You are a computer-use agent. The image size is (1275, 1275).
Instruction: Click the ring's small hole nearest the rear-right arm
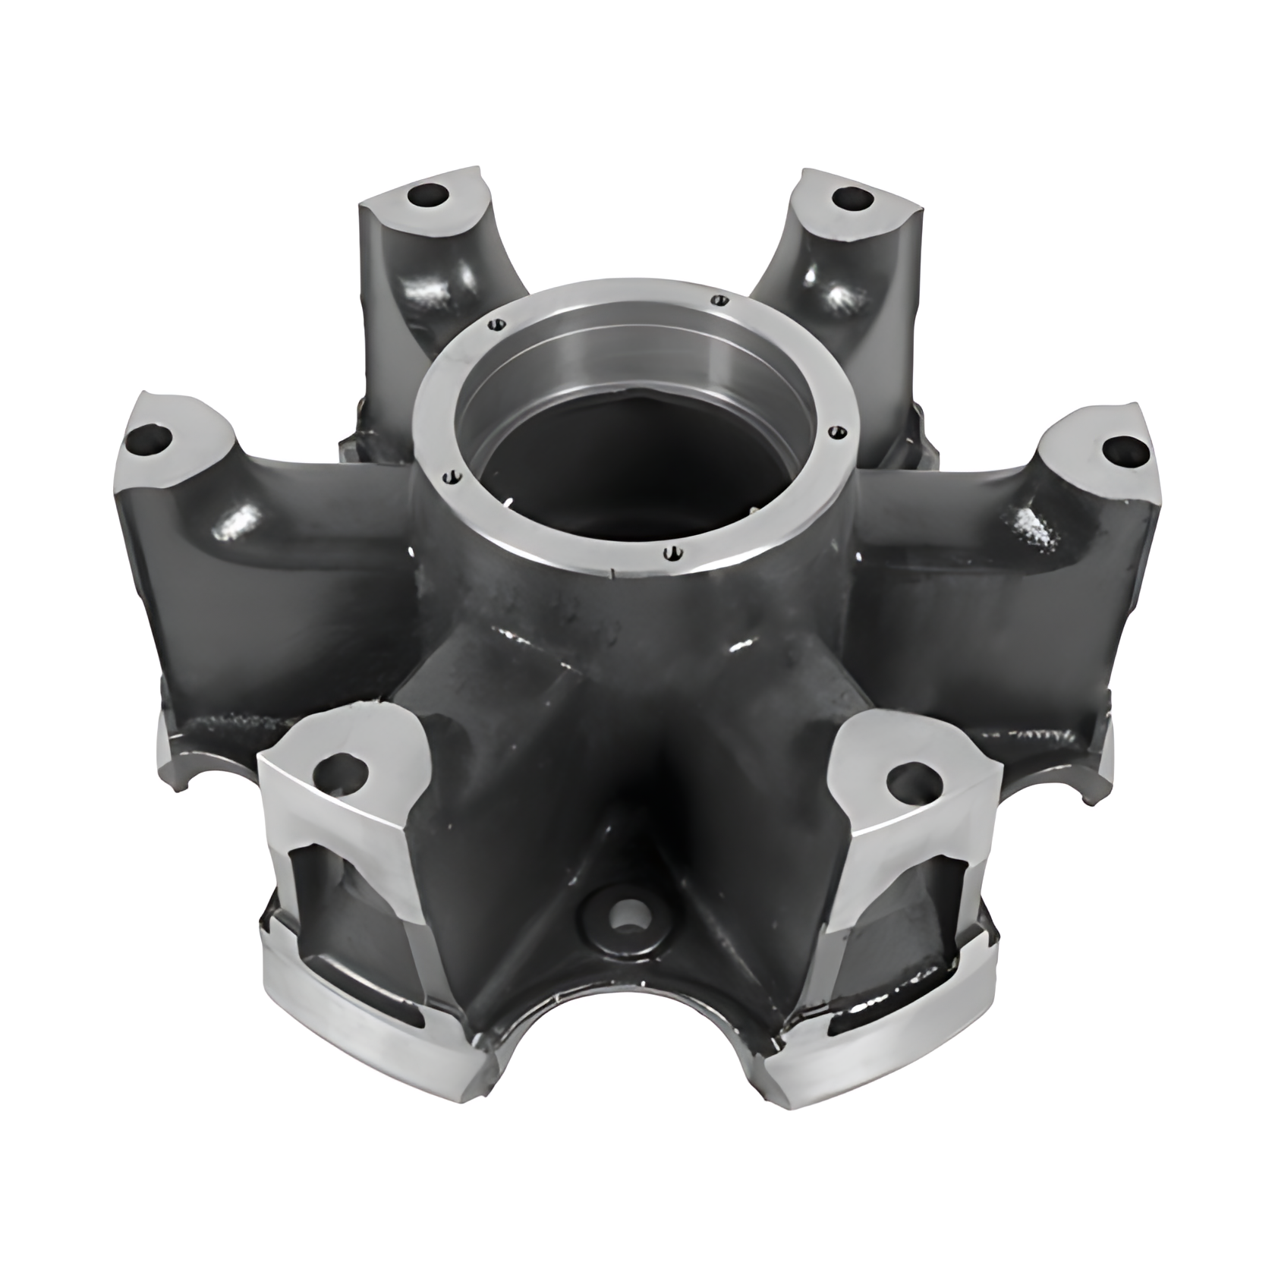(715, 299)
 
